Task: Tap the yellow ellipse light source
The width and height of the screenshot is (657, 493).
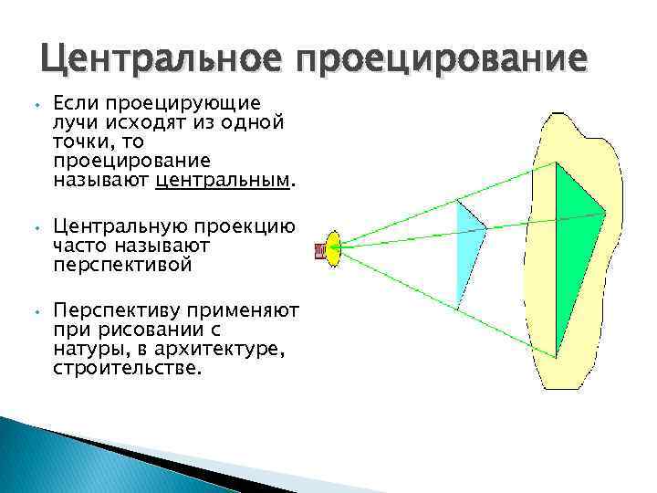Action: point(333,249)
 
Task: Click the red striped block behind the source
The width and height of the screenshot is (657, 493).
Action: point(320,249)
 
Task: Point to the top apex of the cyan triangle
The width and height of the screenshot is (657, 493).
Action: point(457,200)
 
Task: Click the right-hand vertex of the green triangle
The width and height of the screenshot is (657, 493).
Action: point(606,213)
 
